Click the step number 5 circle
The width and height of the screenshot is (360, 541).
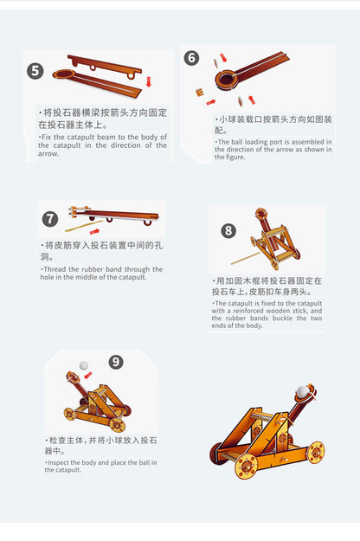point(35,71)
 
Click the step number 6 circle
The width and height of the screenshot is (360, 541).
point(192,58)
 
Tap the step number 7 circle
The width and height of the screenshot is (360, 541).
point(50,219)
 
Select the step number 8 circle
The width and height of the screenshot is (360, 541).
point(228,231)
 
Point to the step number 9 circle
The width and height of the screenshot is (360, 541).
point(116,362)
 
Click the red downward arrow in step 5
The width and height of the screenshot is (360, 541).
point(149,81)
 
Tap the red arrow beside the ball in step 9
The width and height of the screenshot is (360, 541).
point(88,375)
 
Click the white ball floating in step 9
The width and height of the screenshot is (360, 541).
point(84,365)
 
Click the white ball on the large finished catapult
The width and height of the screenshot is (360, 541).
point(302,392)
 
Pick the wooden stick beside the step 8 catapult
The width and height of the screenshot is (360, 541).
point(246,259)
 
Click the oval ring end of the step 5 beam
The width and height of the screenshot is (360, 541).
point(63,74)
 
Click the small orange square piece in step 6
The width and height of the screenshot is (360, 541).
point(200,92)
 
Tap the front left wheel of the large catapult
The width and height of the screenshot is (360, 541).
point(247,467)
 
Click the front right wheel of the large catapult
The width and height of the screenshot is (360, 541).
point(315,452)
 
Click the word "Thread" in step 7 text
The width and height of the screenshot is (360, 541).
point(55,269)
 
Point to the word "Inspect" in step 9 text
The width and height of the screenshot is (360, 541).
point(58,463)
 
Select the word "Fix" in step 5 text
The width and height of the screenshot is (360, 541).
point(46,137)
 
